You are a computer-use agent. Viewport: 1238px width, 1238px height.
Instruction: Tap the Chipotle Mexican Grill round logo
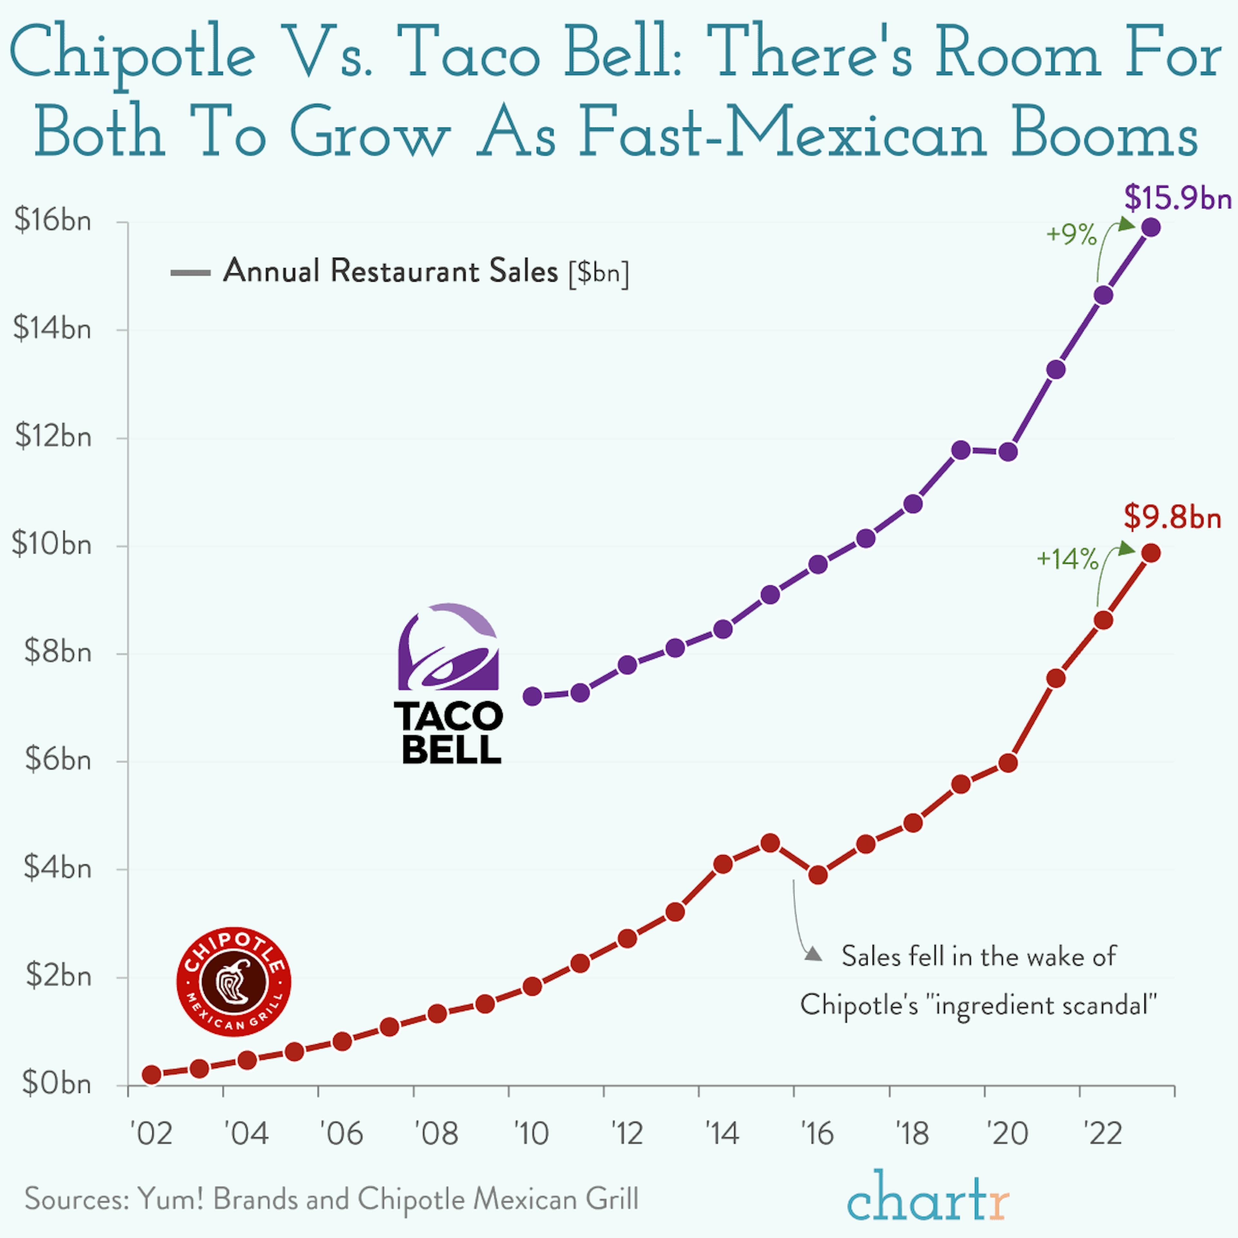234,982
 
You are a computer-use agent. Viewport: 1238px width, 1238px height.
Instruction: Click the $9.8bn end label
1173,517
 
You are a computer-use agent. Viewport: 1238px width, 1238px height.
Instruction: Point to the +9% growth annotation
1071,235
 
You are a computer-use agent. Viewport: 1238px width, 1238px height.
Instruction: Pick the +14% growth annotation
1067,559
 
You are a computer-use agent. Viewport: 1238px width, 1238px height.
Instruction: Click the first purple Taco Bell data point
533,696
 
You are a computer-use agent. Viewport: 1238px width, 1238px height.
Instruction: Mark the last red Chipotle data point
1151,553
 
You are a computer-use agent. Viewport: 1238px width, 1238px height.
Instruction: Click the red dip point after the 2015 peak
818,875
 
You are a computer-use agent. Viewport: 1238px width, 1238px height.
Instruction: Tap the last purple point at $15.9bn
1151,228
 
